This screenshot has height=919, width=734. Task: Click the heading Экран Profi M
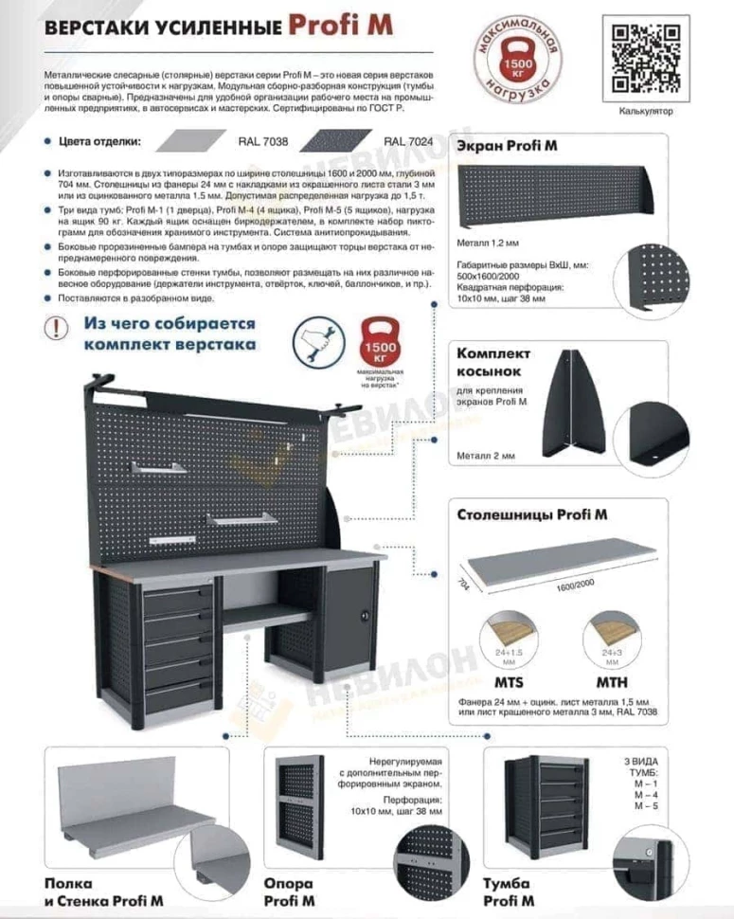click(x=507, y=146)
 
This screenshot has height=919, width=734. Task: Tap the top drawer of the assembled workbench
click(x=179, y=594)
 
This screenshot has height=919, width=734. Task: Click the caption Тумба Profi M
click(x=509, y=892)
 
